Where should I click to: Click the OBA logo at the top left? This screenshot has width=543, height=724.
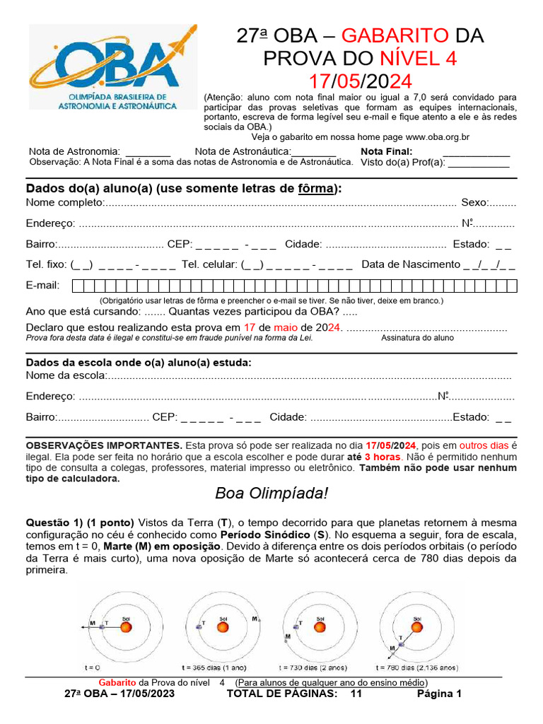point(112,67)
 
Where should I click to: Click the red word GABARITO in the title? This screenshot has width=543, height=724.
point(395,36)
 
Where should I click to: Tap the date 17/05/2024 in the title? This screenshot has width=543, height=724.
point(360,81)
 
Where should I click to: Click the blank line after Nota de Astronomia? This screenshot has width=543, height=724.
point(148,151)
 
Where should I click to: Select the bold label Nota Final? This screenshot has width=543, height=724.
point(386,151)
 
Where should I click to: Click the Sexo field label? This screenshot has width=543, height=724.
point(474,203)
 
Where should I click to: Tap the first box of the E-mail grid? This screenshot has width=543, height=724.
point(78,286)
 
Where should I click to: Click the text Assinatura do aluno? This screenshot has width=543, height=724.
point(417,338)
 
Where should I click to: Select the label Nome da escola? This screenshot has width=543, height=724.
point(66,375)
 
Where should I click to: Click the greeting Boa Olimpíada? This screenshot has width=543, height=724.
point(271,493)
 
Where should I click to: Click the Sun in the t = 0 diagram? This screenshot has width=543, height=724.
point(124,626)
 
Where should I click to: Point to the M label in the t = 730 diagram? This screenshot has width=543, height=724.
point(288,636)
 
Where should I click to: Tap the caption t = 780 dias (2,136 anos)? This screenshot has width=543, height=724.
point(417,667)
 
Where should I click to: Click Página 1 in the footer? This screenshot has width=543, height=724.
point(438,694)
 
